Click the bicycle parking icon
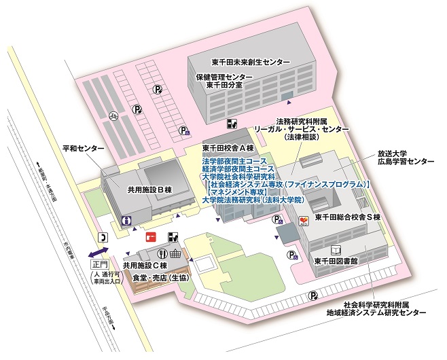(114, 115)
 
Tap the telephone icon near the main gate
(103, 237)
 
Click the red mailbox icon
(151, 237)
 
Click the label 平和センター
(83, 148)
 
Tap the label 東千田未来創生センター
(249, 62)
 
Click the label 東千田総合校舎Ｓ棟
(351, 218)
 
